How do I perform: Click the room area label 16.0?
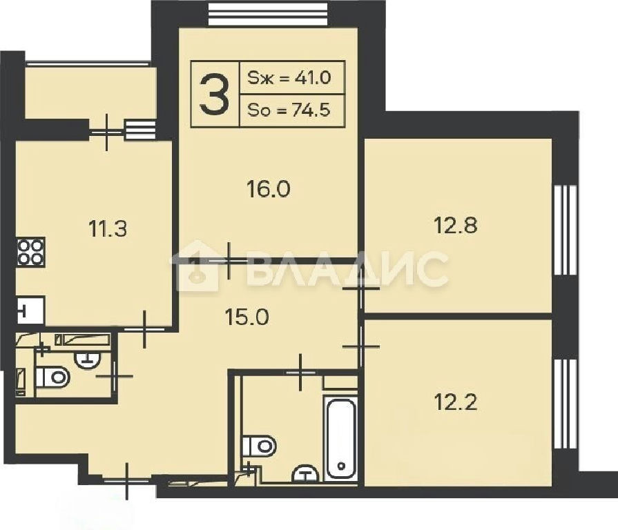coord(269,189)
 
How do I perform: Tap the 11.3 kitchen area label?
coord(108,229)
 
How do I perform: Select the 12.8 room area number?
coord(456,226)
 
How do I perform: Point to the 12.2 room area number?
coord(456,402)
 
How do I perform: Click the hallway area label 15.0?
coord(247,317)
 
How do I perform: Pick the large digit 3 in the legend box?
coord(215,95)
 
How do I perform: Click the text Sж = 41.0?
coord(289,77)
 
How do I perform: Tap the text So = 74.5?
coord(289,110)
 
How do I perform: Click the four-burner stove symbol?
coord(31,252)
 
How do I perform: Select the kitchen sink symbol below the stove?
coord(31,311)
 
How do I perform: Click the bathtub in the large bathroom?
coord(340,437)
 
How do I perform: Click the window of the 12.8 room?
coord(566,230)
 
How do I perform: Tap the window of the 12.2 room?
coord(566,404)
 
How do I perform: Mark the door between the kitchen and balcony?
coord(107,132)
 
